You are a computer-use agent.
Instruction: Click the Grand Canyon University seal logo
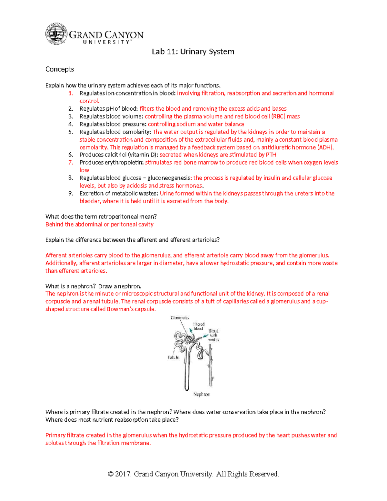point(56,34)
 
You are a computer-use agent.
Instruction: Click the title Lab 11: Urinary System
point(193,52)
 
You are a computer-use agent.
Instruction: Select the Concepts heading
point(60,69)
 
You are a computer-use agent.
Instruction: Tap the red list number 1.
point(71,93)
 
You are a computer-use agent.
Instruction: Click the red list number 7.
point(71,163)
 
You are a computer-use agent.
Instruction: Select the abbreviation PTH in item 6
point(271,155)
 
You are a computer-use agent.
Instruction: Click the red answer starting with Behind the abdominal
point(99,224)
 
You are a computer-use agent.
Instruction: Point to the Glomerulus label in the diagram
point(180,318)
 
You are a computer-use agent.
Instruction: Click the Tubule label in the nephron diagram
point(173,357)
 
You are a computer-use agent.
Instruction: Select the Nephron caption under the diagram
point(201,394)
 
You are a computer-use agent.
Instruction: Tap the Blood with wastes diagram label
point(213,335)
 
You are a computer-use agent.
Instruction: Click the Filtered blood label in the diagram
point(199,326)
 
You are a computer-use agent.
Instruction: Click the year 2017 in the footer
point(123,474)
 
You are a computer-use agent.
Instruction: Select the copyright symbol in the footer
point(110,474)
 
